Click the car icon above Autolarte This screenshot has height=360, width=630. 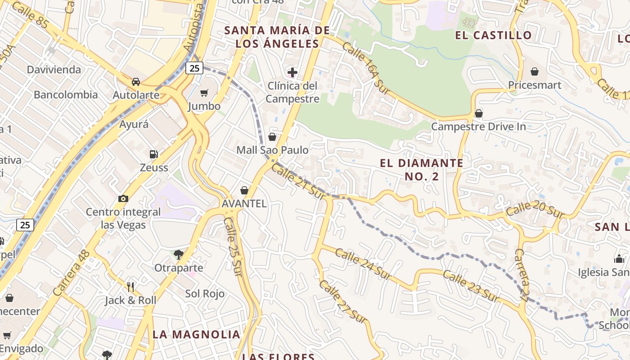coord(136,82)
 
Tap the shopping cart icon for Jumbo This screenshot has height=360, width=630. coord(204,93)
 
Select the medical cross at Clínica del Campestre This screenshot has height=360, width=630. coord(292,72)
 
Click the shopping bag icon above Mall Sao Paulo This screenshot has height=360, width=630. coord(272,137)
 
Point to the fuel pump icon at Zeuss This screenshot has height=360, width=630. coord(154,154)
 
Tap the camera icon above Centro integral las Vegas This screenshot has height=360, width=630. coord(123,198)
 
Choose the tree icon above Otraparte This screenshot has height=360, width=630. coord(179,255)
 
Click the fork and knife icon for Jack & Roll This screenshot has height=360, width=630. coord(130,287)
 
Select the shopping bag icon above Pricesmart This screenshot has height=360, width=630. coord(535,72)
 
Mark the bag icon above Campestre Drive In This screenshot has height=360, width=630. coord(479,113)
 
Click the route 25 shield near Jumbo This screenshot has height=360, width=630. coord(194,68)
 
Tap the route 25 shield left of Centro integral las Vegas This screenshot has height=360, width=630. coord(25,225)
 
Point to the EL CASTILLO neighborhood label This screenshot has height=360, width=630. coord(493,35)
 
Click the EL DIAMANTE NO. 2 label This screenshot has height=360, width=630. coord(422,169)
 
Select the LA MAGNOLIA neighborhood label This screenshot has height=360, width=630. coord(196,334)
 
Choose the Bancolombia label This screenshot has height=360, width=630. coord(66,94)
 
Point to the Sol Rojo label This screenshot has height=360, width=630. coord(205,294)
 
